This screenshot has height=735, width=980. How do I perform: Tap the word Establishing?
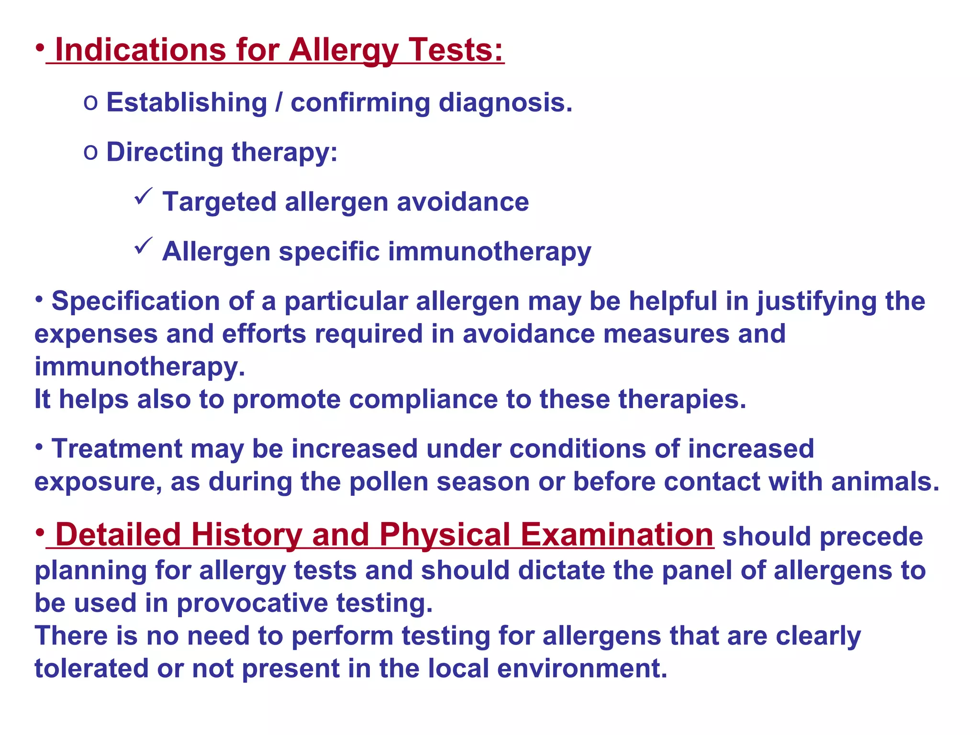coord(187,102)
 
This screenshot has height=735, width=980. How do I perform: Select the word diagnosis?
coord(505,102)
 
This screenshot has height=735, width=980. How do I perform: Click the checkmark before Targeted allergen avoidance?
coord(143,197)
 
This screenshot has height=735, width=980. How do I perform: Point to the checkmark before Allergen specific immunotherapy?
coord(143,246)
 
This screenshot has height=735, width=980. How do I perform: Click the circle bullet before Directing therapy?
coord(90,153)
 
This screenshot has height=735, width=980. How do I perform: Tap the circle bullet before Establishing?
coord(90,103)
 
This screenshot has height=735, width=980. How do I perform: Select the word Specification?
coord(136,301)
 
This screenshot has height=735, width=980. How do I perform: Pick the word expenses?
coord(96,334)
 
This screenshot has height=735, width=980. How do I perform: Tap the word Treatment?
coord(117,449)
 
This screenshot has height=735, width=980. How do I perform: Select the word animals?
coord(885,481)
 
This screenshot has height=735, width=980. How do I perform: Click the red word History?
coord(246,535)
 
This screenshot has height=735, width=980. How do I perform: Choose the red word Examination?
coord(617,535)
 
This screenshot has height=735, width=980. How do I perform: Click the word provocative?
coord(252,603)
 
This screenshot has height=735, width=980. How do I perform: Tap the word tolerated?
coord(91,668)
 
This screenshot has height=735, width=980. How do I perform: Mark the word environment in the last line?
coord(582,668)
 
